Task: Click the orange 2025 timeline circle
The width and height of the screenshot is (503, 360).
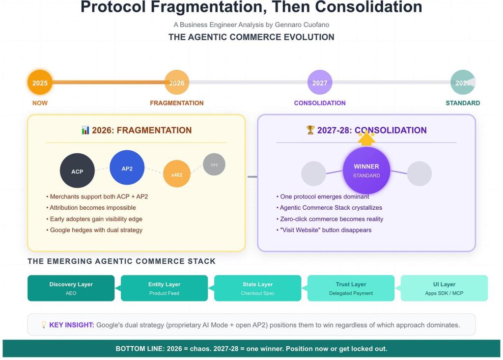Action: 40,83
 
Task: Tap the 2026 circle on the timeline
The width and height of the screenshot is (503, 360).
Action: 177,83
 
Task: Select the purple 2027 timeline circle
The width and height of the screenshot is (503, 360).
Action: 320,83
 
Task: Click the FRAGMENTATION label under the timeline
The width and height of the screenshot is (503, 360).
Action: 177,103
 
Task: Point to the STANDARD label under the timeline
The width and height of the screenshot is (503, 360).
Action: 463,103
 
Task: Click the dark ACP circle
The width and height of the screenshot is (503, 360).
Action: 77,171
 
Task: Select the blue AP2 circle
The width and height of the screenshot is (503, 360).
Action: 127,168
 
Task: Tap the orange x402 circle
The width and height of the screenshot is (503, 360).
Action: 177,174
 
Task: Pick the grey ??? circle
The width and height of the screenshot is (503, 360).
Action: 214,165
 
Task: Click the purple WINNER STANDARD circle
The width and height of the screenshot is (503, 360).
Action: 366,170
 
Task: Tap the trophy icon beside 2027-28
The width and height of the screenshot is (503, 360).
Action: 310,130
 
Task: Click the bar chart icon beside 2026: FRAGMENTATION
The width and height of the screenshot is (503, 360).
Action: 85,130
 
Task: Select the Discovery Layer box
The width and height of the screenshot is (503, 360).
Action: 71,288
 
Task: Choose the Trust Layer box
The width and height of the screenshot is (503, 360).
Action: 351,288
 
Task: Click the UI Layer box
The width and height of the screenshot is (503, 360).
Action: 444,288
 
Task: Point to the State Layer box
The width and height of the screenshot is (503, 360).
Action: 257,288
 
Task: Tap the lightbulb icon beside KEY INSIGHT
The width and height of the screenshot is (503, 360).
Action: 44,325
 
